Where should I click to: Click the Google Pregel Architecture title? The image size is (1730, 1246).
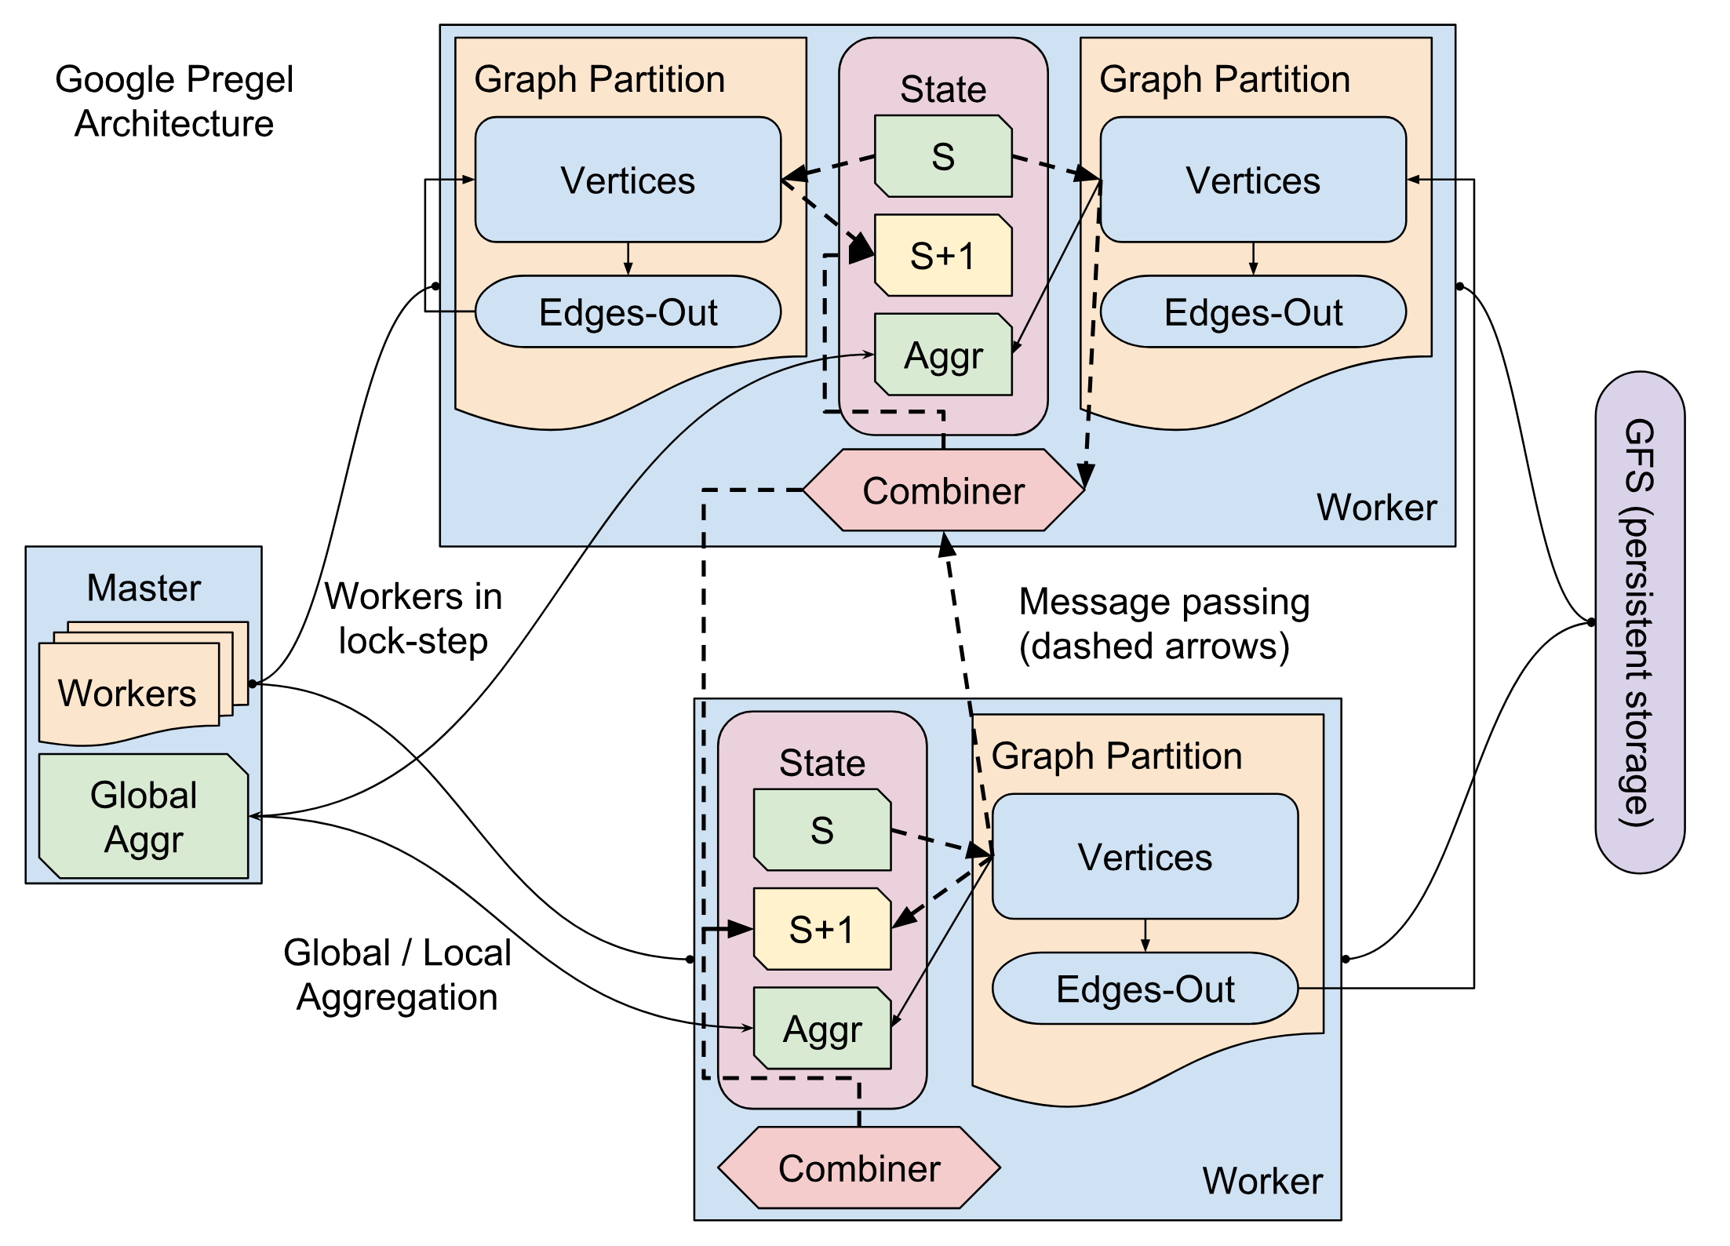pos(173,101)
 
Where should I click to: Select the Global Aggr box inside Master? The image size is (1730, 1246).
pos(144,816)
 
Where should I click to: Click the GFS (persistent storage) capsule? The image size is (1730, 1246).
pos(1639,622)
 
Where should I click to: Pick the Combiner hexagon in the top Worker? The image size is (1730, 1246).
pos(943,490)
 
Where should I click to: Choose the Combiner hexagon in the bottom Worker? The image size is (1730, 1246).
pos(859,1168)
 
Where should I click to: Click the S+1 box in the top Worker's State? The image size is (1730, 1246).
pos(943,256)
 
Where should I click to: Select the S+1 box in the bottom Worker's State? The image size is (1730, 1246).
pos(821,929)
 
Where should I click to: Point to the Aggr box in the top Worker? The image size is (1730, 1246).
pos(943,355)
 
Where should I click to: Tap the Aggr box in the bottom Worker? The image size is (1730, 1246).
pos(821,1029)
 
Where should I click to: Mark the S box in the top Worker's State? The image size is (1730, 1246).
pos(943,156)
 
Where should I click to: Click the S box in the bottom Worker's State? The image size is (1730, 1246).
pos(821,829)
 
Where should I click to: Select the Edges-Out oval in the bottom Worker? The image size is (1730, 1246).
pos(1145,989)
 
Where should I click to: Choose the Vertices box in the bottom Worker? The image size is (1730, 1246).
pos(1145,857)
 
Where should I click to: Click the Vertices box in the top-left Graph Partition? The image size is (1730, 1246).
pos(628,180)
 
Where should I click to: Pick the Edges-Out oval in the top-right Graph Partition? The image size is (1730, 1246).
pos(1253,312)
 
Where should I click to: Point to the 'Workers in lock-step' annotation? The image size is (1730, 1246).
pos(413,618)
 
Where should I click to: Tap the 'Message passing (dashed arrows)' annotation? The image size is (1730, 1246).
pos(1164,624)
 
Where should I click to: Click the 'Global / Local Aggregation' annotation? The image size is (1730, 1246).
pos(397,975)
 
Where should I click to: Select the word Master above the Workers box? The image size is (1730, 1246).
pos(144,588)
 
